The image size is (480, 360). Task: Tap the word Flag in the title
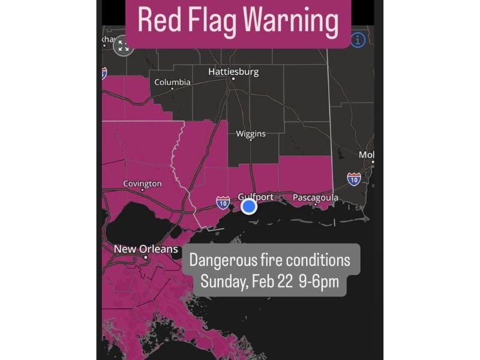coord(210,22)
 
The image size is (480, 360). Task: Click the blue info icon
coord(358,40)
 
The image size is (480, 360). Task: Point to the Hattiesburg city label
coord(233,71)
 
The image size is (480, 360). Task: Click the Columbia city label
coord(172,82)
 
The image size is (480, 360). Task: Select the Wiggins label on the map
coord(251,133)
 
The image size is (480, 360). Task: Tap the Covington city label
coord(142,184)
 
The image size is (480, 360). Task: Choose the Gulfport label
coord(256,197)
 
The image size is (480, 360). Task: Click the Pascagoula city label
coord(315,197)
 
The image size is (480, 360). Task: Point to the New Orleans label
coord(146,248)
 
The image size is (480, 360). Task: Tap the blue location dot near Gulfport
coord(249,206)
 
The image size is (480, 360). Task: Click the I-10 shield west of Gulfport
coord(223,203)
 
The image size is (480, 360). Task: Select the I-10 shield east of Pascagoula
coord(354,178)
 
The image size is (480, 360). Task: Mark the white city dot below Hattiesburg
coord(233,79)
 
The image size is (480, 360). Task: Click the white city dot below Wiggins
coord(251,140)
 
